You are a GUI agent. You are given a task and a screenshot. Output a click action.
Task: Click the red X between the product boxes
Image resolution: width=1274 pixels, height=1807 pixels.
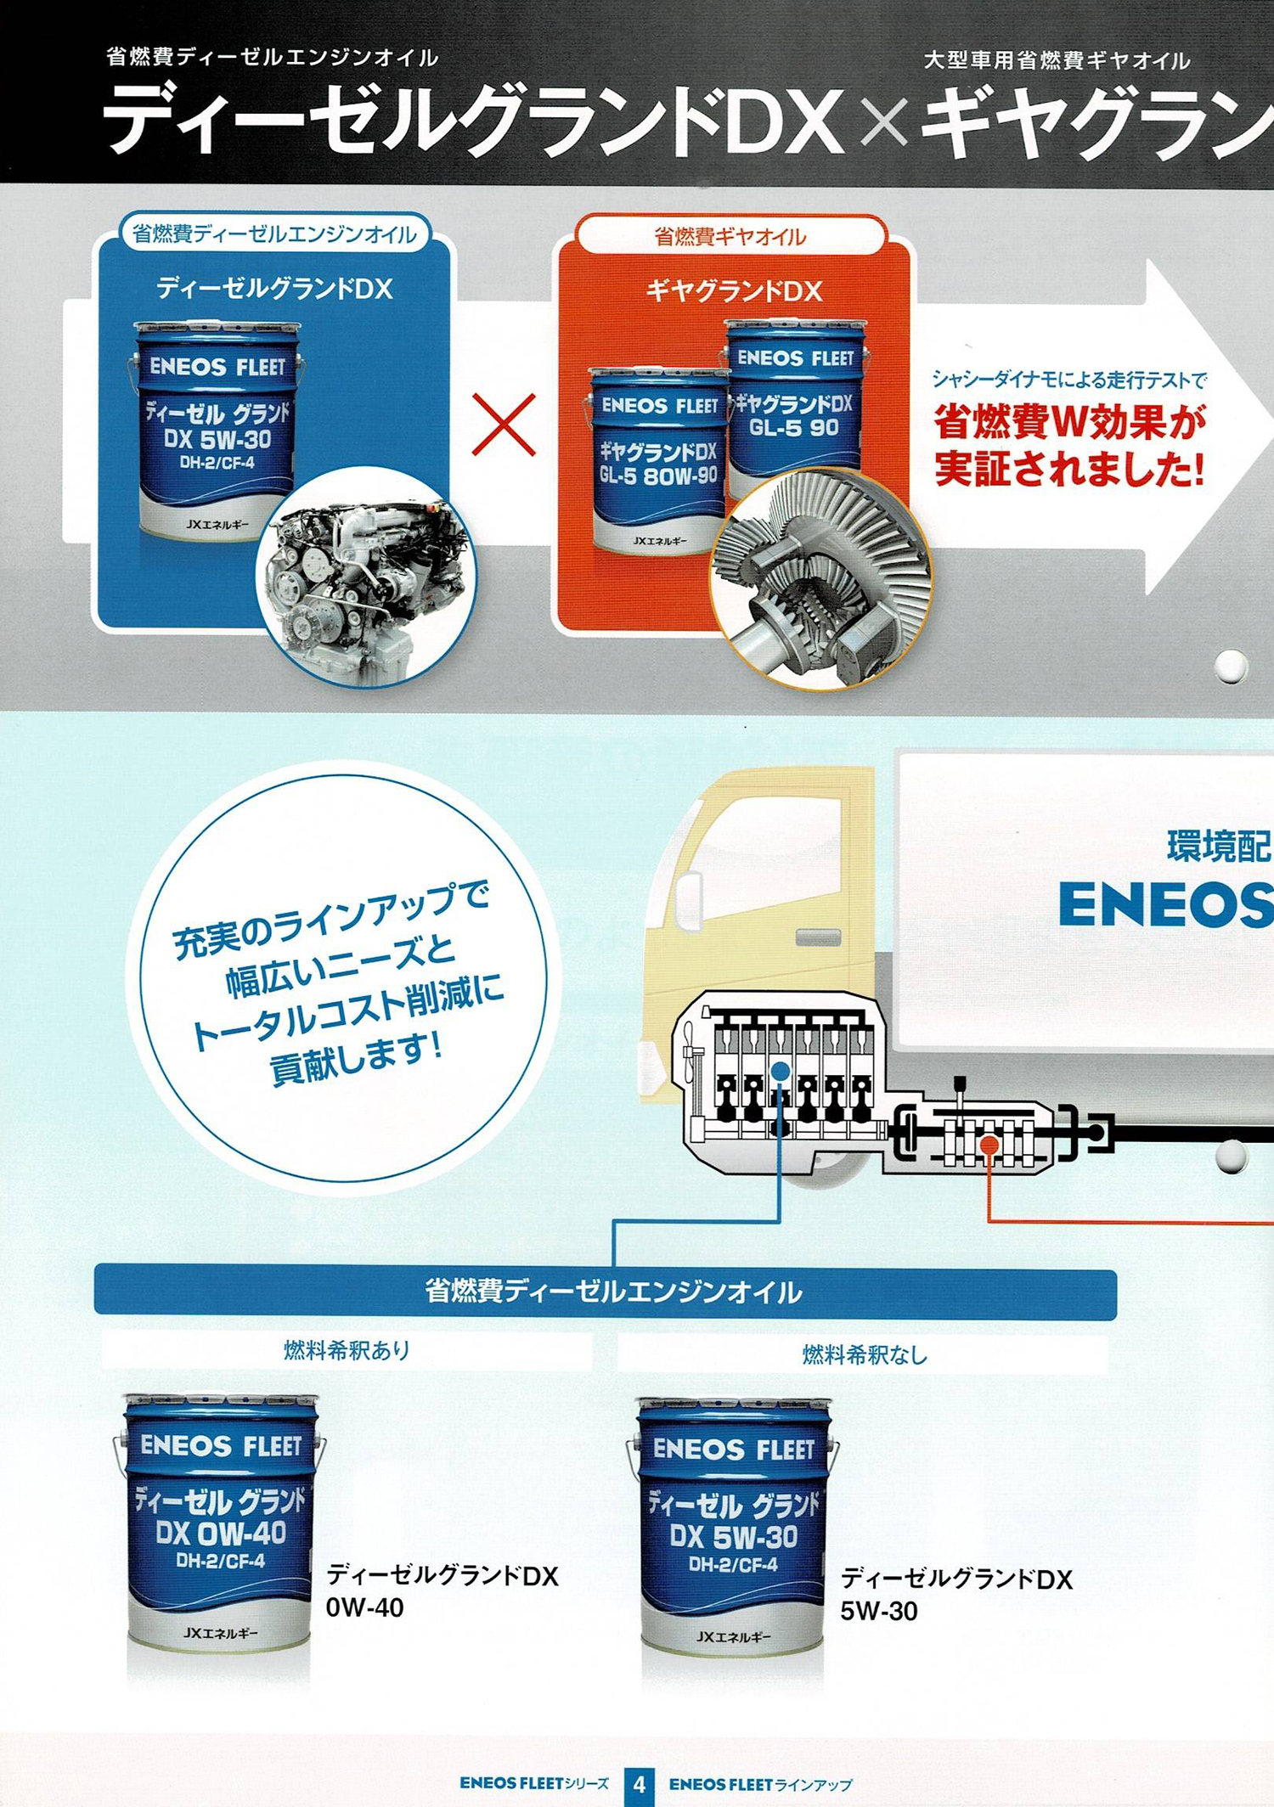click(x=504, y=425)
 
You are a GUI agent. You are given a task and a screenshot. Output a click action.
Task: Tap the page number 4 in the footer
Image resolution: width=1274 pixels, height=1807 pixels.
click(x=639, y=1784)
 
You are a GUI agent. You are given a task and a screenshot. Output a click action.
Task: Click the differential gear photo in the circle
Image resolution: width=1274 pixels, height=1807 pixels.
click(x=820, y=579)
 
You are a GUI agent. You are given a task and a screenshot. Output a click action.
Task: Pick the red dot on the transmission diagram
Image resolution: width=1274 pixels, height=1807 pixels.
click(x=989, y=1146)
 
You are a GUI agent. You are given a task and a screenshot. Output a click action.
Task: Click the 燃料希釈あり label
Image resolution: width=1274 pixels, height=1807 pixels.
click(x=347, y=1349)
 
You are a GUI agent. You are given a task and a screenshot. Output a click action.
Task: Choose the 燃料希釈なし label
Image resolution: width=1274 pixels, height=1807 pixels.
click(x=865, y=1354)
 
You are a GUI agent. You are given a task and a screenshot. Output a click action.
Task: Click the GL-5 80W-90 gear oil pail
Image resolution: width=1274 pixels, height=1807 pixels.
click(x=658, y=461)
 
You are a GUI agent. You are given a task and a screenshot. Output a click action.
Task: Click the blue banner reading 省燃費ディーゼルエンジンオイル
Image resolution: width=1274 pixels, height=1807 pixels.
click(x=605, y=1292)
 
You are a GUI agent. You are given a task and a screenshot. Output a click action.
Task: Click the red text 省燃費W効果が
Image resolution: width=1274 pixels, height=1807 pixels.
click(x=1070, y=422)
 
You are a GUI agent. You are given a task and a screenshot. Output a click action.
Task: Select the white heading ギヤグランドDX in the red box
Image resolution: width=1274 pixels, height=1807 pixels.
click(x=734, y=291)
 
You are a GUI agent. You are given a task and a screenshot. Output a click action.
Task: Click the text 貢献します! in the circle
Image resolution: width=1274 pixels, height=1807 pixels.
click(x=357, y=1059)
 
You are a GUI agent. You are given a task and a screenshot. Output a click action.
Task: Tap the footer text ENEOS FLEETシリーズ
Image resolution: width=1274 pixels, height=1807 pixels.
click(x=534, y=1783)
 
